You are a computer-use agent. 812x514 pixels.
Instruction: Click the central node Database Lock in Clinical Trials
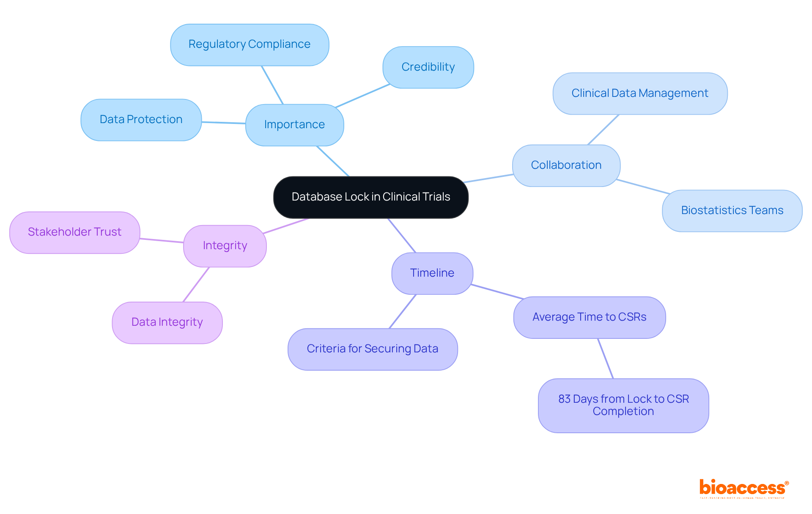coord(370,197)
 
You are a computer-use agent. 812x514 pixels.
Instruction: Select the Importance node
coord(294,125)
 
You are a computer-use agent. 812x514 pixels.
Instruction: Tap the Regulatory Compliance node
coord(250,44)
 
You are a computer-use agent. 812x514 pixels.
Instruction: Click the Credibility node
coord(428,67)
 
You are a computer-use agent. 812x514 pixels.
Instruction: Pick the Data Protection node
coord(141,120)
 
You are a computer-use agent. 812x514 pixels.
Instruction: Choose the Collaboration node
coord(566,165)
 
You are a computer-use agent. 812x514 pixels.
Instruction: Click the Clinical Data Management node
coord(639,93)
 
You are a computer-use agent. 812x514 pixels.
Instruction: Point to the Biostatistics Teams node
coord(732,211)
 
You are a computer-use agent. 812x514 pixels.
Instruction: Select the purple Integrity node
coord(225,246)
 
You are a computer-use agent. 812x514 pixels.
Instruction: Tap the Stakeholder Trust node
coord(74,232)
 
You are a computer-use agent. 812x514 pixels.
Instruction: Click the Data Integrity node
coord(167,322)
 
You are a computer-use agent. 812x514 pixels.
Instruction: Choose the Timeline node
coord(432,273)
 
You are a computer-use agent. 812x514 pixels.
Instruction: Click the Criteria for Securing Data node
coord(372,349)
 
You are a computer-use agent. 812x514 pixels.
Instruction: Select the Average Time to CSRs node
coord(589,317)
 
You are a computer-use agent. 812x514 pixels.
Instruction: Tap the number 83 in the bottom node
coord(564,399)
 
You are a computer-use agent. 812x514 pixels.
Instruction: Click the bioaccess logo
coord(743,488)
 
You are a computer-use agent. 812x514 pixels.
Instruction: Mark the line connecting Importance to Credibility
coord(362,96)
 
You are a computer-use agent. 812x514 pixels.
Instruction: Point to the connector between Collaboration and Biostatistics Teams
coord(643,187)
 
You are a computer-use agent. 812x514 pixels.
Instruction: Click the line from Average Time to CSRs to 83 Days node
coord(605,358)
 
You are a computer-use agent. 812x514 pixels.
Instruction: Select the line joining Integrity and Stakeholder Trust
coord(162,241)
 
